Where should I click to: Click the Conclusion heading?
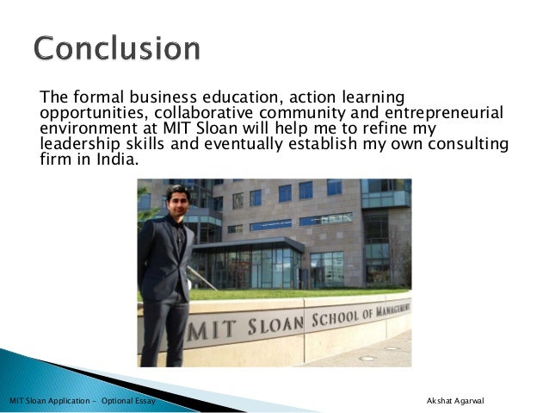pos(117,48)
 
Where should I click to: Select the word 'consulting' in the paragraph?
pos(471,144)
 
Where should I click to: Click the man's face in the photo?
pos(177,199)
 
